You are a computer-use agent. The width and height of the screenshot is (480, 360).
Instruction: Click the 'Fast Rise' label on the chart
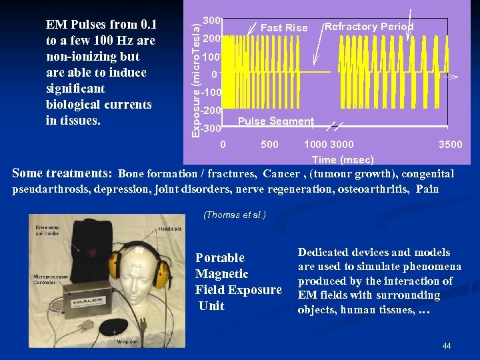[x=284, y=28]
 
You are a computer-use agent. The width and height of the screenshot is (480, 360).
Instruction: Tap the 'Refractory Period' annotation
[x=369, y=27]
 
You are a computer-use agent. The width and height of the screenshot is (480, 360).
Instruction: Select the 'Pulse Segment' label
[x=275, y=121]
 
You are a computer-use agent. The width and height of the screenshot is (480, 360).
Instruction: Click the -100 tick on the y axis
[x=213, y=93]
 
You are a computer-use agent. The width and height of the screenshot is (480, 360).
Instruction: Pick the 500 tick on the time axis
[x=269, y=145]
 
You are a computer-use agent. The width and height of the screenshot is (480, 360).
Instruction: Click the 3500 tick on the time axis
[x=450, y=145]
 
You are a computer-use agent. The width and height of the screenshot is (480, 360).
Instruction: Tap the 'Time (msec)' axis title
[x=343, y=160]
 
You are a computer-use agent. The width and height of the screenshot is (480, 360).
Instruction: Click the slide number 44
[x=446, y=346]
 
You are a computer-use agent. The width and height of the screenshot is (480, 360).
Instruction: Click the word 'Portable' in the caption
[x=220, y=258]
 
